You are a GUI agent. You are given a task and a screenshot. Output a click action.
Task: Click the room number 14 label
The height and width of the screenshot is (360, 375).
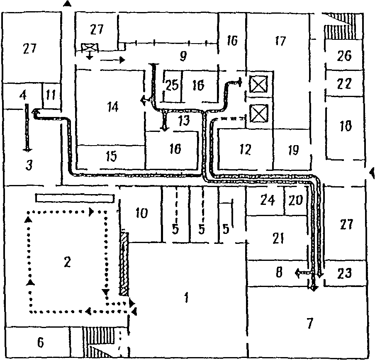pyautogui.click(x=112, y=107)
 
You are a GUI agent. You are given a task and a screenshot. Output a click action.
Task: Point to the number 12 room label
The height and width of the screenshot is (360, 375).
pyautogui.click(x=245, y=149)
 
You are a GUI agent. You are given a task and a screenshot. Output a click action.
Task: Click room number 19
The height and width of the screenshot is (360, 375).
pyautogui.click(x=293, y=150)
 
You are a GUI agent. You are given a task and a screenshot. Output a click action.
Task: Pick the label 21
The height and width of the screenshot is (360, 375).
pyautogui.click(x=278, y=238)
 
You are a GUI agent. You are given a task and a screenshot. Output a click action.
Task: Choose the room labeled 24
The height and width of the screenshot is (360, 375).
pyautogui.click(x=267, y=201)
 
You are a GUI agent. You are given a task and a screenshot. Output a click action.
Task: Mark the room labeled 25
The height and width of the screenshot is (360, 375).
pyautogui.click(x=172, y=85)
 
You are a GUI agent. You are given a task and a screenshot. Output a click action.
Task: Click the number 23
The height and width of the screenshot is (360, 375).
pyautogui.click(x=345, y=273)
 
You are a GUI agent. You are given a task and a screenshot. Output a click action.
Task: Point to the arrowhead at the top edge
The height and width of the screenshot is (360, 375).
pyautogui.click(x=68, y=3)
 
